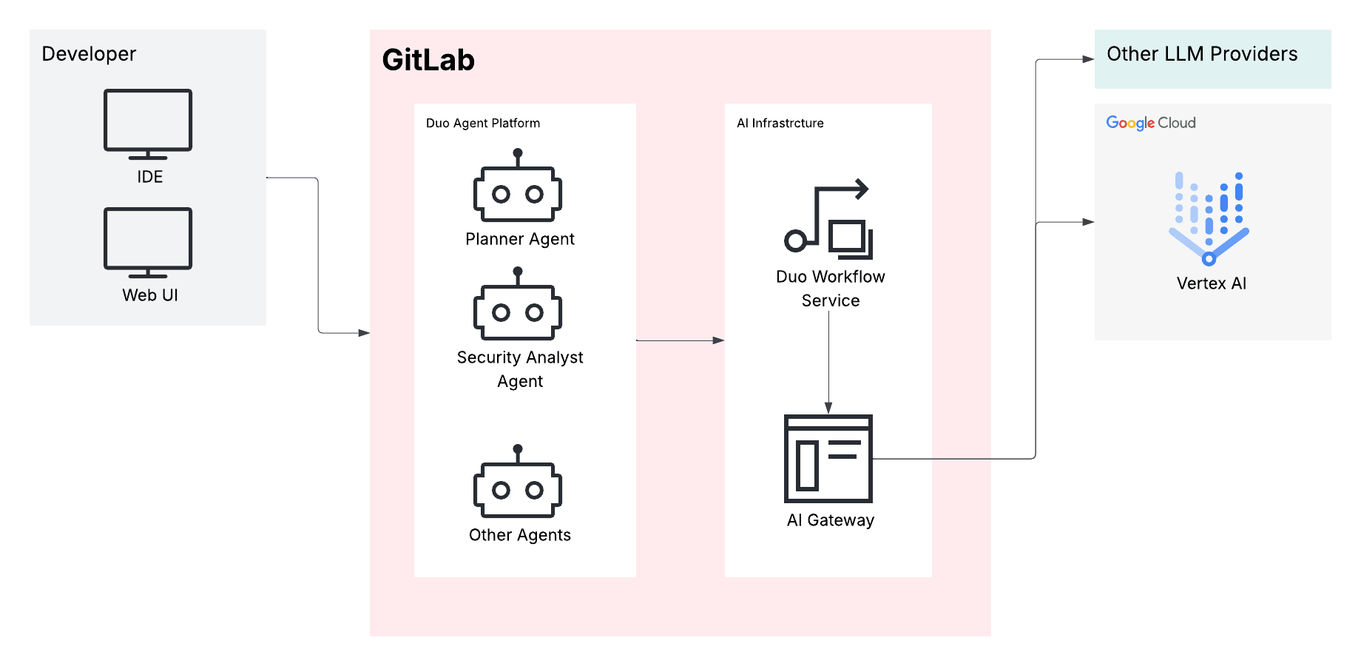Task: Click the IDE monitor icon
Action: click(x=148, y=123)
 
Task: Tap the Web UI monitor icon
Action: click(x=148, y=241)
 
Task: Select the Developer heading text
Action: click(x=89, y=54)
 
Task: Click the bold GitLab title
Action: click(x=428, y=60)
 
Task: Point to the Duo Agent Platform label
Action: click(x=483, y=123)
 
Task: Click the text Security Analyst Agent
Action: click(x=520, y=369)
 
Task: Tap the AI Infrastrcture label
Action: click(x=780, y=123)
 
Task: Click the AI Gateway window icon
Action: click(x=828, y=459)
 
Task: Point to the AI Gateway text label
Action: click(x=830, y=520)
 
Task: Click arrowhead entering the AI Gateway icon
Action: click(x=828, y=408)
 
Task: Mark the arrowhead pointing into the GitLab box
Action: click(x=364, y=333)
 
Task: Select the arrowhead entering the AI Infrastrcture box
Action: click(x=719, y=340)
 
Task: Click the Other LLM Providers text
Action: click(x=1202, y=54)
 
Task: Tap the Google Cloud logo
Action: click(x=1151, y=123)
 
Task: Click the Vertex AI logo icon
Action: click(x=1209, y=219)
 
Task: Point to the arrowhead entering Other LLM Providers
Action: click(x=1089, y=59)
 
